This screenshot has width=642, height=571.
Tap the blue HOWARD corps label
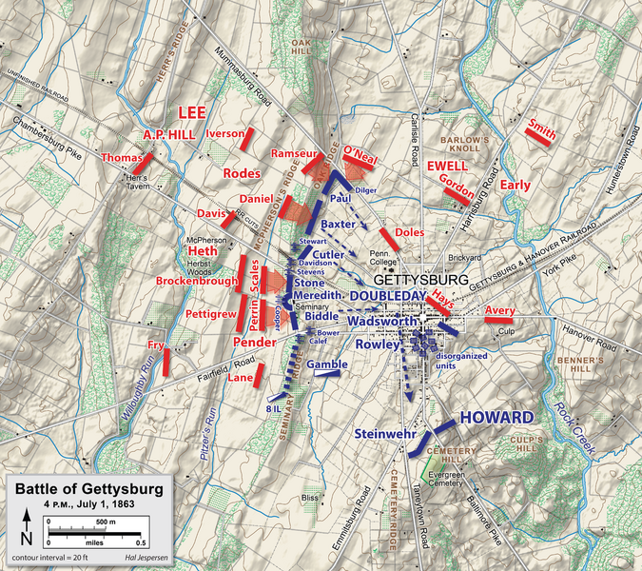click(x=496, y=418)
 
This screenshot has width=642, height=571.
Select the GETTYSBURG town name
click(x=421, y=282)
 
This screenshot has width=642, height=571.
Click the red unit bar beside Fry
click(x=166, y=361)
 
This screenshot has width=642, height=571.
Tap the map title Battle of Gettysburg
click(x=87, y=489)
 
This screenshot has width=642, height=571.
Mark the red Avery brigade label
click(x=499, y=310)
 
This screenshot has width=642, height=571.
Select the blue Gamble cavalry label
click(x=327, y=364)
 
